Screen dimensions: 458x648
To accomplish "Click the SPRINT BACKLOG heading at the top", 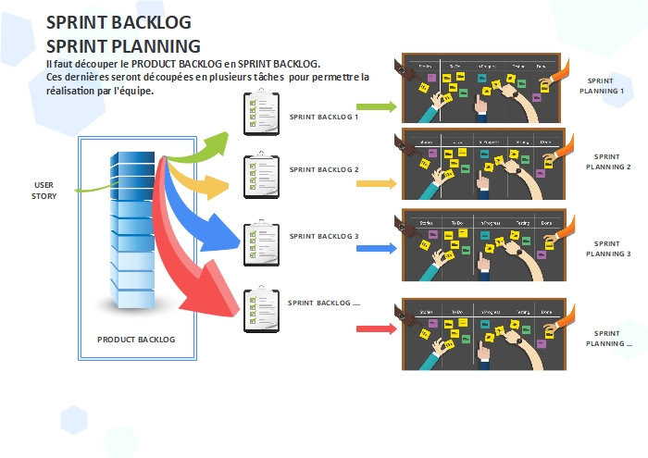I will pos(118,23).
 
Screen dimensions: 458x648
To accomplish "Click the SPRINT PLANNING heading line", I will pos(123,45).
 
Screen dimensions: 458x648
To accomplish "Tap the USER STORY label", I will pos(44,190).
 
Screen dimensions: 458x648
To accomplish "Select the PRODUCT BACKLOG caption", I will pos(135,340).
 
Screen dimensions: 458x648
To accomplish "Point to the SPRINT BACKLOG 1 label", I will pos(323,118).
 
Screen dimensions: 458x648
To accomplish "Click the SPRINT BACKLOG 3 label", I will pos(323,236).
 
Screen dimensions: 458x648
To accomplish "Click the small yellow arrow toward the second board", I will pos(376,183).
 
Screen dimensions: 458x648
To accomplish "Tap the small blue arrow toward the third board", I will pos(376,249).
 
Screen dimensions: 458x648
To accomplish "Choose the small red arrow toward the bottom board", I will pos(376,328).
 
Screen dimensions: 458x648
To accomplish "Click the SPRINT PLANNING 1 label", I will pos(601,87).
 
